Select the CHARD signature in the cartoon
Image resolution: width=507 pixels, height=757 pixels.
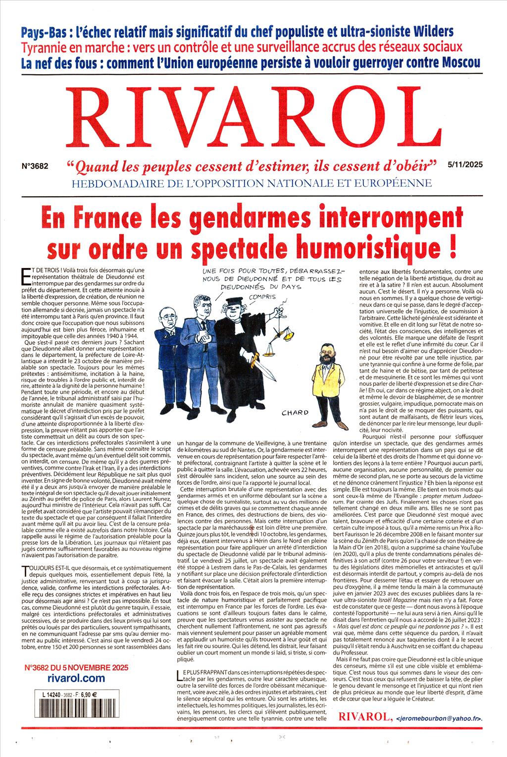point(295,412)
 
